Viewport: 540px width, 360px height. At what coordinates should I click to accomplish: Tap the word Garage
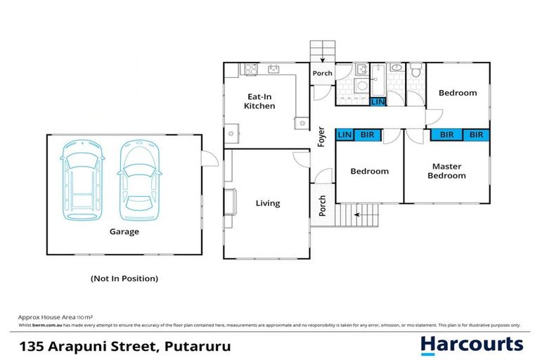point(124,231)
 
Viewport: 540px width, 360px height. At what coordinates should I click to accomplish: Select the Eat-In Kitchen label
point(259,101)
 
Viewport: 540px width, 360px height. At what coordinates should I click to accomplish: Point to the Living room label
point(267,203)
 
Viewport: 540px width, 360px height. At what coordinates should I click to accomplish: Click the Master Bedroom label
point(446,171)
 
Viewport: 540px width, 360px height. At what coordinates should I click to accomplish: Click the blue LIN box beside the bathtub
point(378,102)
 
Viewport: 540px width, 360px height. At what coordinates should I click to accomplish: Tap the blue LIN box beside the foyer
point(345,135)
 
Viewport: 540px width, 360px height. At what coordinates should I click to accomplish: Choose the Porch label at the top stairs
point(322,73)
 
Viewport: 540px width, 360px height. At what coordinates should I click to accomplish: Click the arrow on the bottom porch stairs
point(358,214)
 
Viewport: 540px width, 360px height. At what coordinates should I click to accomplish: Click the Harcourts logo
point(472,345)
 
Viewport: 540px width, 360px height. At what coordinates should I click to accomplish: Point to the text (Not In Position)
point(124,278)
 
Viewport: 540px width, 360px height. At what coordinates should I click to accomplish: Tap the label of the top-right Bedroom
point(457,93)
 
